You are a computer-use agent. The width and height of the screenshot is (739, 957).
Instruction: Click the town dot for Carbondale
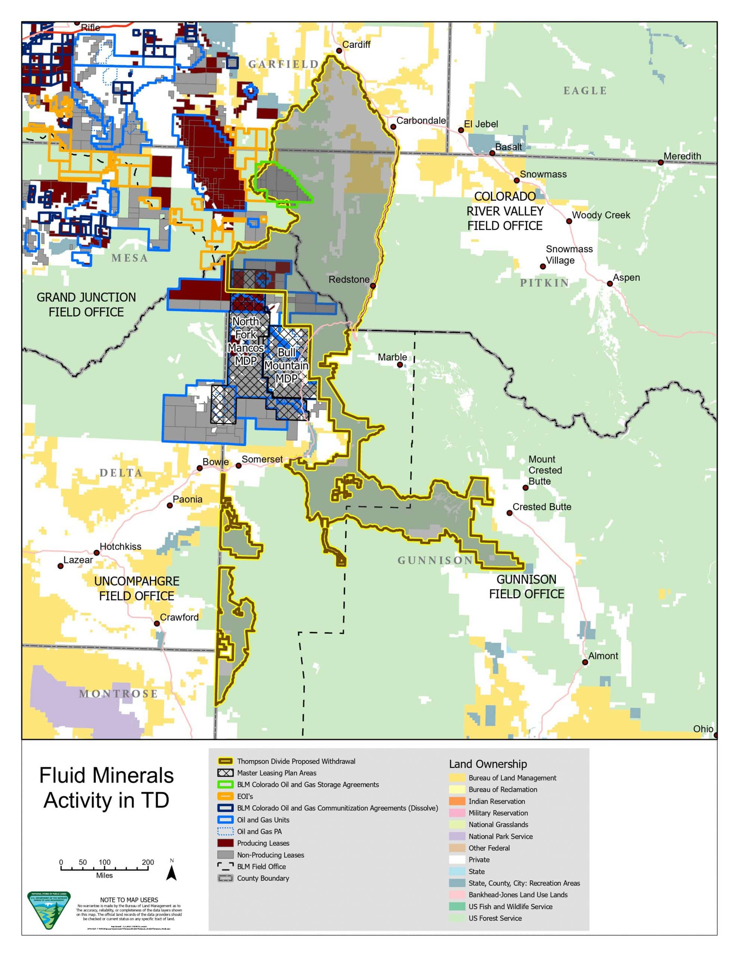[x=393, y=127]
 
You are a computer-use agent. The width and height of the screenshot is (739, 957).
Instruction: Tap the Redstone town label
[x=349, y=279]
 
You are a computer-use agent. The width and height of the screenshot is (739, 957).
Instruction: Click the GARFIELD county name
[x=284, y=64]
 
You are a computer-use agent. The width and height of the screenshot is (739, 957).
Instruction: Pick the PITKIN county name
[x=544, y=283]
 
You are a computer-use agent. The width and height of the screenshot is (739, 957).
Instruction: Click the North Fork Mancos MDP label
[x=246, y=341]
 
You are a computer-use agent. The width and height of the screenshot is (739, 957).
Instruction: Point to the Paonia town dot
[x=170, y=505]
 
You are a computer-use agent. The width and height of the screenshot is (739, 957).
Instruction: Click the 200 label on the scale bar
[x=148, y=862]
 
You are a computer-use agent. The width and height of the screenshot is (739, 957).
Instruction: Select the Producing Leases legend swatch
[x=225, y=843]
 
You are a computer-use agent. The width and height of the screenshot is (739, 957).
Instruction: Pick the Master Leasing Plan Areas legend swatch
[x=225, y=773]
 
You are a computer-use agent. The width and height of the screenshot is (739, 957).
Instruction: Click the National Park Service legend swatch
[x=457, y=836]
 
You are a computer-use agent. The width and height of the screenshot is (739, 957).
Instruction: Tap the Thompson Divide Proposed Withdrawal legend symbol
[x=225, y=761]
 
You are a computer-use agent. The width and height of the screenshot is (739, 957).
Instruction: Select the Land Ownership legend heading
[x=488, y=764]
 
